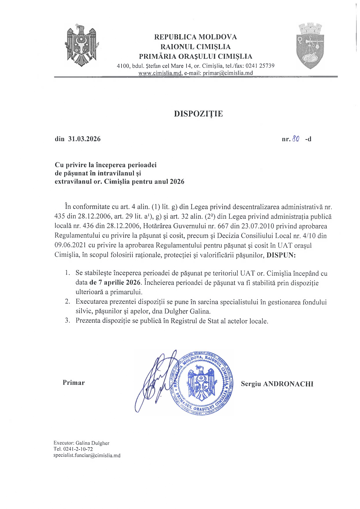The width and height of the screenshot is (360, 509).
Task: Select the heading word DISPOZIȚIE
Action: pos(198,114)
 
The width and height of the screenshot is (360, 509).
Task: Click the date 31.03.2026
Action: pos(84,139)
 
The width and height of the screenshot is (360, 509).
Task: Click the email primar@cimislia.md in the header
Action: pos(228,73)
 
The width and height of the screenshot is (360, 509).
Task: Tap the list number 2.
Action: pos(68,302)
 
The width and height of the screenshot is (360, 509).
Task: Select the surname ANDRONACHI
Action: pos(288,384)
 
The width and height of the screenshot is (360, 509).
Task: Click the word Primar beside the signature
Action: pos(74,383)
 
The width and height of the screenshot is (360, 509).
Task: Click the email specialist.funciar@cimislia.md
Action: pos(87,456)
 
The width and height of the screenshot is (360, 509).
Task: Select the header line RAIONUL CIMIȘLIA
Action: pos(196,47)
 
